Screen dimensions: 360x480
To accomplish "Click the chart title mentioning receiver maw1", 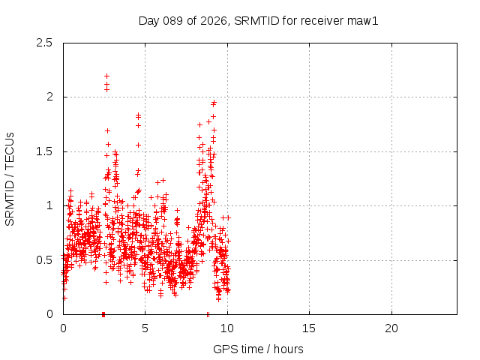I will click(259, 20).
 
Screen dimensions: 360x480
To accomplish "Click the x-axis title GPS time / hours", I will click(259, 349).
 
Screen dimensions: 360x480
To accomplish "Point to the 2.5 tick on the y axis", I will click(44, 43).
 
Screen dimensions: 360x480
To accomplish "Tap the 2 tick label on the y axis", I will click(49, 97).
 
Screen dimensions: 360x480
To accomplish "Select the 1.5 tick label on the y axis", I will click(44, 151).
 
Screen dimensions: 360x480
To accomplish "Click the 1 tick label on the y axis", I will click(49, 205).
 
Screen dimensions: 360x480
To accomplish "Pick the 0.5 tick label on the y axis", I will click(44, 260).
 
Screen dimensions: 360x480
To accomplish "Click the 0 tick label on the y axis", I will click(49, 314).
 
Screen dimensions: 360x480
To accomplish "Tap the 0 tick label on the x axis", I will click(63, 328).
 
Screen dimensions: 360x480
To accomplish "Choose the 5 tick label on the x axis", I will click(145, 328).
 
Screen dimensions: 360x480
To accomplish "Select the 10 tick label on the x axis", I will click(227, 328).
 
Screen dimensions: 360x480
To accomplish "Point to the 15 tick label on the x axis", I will click(309, 328).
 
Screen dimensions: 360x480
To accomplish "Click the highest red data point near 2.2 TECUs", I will click(106, 76).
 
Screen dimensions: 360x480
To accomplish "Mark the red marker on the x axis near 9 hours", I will click(208, 313).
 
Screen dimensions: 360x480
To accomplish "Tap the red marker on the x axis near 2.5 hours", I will click(103, 313).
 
